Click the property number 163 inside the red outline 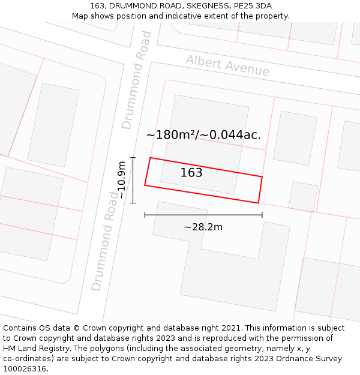click(191, 173)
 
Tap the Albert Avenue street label click(227, 65)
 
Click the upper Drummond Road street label click(137, 80)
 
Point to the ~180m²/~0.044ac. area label click(203, 135)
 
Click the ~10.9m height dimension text click(122, 180)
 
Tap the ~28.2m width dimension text click(203, 227)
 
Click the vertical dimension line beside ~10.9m click(133, 180)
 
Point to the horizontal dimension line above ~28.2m click(203, 215)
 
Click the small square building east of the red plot click(303, 196)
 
